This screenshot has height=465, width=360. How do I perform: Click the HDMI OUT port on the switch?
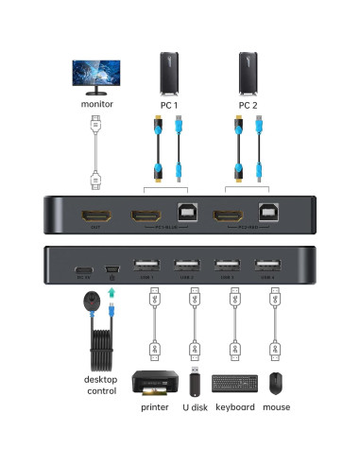(94, 215)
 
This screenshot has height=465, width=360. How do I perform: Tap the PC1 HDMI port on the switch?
(147, 215)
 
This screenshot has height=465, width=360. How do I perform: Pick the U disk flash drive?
(194, 382)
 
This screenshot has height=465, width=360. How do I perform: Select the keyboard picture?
(232, 384)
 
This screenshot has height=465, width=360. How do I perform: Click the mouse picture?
(274, 383)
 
